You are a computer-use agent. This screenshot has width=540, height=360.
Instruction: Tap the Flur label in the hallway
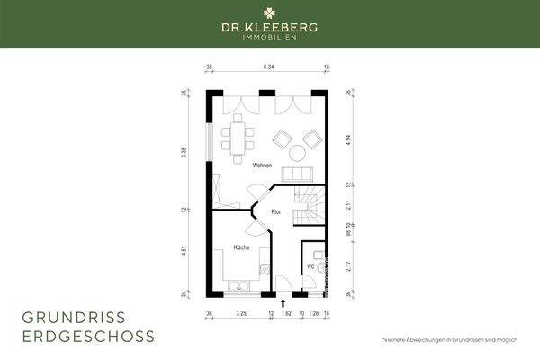pos(276,212)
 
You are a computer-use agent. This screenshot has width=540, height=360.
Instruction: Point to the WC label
pos(310,266)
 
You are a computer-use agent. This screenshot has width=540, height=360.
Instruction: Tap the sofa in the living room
pos(297,173)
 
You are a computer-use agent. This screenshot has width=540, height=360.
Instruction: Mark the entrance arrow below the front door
pos(283,304)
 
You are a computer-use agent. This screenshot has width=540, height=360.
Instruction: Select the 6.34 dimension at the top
pos(268,67)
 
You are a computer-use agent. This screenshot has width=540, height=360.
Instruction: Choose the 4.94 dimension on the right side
pos(348,139)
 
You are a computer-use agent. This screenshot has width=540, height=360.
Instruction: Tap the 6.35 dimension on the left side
pos(184,153)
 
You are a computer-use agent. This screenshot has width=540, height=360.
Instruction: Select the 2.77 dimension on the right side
pos(348,265)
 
